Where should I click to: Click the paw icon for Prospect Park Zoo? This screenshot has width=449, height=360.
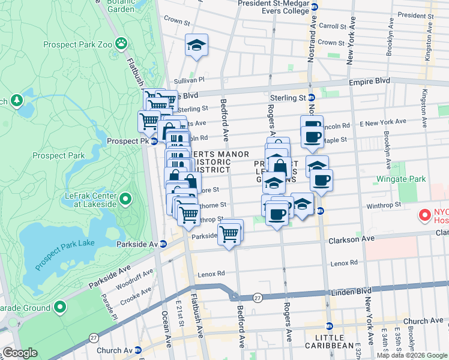(122, 43)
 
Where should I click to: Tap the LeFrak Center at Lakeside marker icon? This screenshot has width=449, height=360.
(125, 198)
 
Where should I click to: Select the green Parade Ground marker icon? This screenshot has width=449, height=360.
(59, 308)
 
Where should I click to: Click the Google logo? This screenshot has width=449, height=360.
(20, 353)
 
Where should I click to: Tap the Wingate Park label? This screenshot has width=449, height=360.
(400, 179)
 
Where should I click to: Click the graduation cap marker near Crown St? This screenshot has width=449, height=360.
(196, 45)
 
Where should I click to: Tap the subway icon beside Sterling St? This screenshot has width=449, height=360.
(312, 98)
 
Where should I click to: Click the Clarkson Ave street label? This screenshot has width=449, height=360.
(351, 239)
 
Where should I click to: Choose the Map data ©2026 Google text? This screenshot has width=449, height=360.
(411, 355)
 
